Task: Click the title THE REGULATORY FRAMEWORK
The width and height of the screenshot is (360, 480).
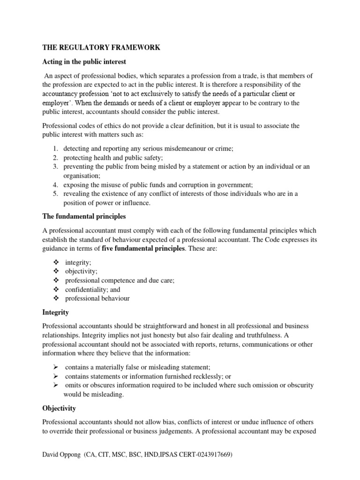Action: coord(101,47)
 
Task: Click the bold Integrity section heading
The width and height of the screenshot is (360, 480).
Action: coord(56,312)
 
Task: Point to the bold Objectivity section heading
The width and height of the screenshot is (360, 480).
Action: coord(59,408)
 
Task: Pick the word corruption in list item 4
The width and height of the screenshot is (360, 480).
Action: coord(190,185)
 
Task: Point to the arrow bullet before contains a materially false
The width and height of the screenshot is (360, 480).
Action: coord(55,367)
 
